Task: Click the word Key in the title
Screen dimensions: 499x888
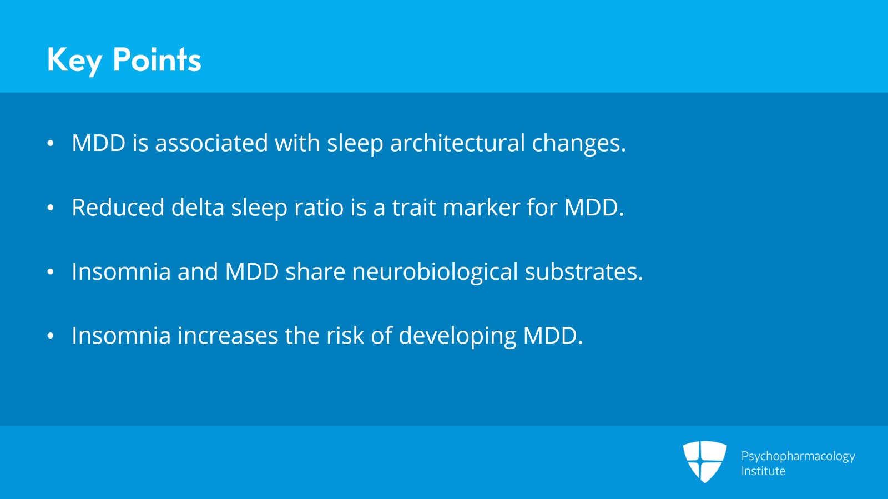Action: [74, 60]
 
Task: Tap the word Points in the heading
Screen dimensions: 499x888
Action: [157, 60]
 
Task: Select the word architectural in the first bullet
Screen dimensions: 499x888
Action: [457, 143]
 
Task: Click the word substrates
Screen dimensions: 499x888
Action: [583, 272]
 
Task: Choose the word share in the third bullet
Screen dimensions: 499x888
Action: [315, 272]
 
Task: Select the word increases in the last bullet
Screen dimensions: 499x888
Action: [228, 336]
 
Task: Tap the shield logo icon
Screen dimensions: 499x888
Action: [704, 461]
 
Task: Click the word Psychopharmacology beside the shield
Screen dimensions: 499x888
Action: [798, 456]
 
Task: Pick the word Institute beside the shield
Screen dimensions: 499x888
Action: [763, 471]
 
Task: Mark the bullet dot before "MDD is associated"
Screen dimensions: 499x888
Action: [51, 144]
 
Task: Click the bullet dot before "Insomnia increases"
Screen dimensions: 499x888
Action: [51, 336]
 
